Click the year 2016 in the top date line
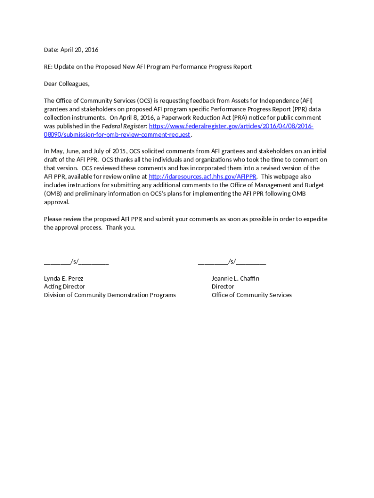coord(91,50)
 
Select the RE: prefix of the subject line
coord(48,67)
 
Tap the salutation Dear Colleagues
coord(67,84)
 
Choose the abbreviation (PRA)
coord(242,118)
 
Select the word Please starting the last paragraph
coord(53,219)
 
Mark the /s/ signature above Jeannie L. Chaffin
coord(232,262)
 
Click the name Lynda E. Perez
coord(64,278)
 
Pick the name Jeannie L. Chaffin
coord(235,278)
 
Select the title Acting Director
coord(64,286)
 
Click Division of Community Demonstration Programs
coord(110,295)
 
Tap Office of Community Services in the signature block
coord(252,295)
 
